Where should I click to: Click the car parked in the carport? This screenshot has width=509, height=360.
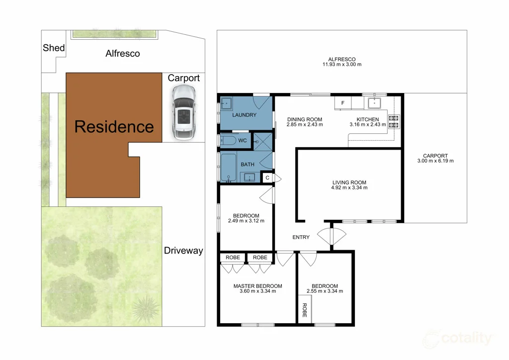184,112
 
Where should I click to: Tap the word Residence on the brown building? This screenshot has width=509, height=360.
114,127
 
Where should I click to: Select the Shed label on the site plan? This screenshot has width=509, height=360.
54,48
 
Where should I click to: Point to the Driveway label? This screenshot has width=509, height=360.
183,251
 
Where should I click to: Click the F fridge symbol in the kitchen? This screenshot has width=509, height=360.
343,103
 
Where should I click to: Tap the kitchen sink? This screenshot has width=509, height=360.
374,103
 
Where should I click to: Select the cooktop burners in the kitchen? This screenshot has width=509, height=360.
394,122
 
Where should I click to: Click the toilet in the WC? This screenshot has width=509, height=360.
229,141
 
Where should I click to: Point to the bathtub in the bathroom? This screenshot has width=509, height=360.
229,168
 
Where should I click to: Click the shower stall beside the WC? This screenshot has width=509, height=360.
262,142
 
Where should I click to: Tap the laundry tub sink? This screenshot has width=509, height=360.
226,104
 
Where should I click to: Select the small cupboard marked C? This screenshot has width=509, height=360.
267,178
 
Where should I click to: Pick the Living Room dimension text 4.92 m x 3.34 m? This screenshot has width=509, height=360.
349,187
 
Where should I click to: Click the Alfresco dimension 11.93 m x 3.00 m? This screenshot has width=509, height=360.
342,64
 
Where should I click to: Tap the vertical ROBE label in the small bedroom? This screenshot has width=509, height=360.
305,310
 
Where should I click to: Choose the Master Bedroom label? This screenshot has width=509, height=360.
258,286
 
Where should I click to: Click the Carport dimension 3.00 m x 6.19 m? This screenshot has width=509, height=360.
435,161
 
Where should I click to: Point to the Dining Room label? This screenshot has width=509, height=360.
305,119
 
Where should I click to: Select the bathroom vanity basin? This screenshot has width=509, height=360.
250,177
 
